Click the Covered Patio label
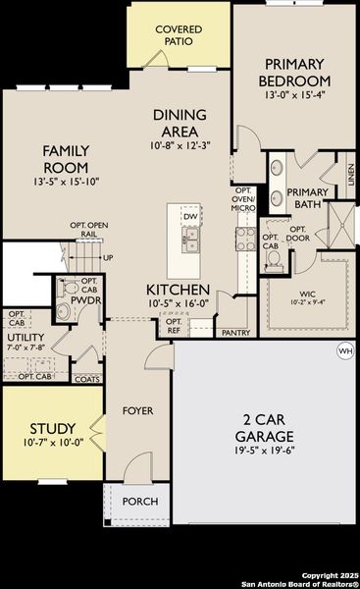179,36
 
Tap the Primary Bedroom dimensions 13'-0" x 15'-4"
294,96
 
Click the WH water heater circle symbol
344,350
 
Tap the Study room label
46,429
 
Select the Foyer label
137,410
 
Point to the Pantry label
235,333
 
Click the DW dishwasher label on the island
191,216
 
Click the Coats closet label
86,379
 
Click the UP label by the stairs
108,258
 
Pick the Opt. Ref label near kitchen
173,326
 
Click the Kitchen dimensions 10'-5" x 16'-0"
178,305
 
